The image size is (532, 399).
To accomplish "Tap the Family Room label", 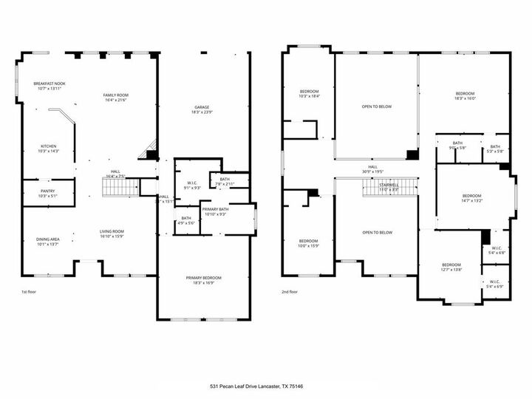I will [x=115, y=98].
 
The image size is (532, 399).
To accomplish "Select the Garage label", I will [x=202, y=109].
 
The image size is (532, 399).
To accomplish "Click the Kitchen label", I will [x=48, y=149].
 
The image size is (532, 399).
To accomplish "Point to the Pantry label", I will [x=48, y=194].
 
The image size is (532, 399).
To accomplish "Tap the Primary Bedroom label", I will [x=202, y=280].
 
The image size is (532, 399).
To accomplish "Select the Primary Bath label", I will [x=216, y=212].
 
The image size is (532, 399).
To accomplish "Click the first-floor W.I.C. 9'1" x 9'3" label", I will [x=191, y=185].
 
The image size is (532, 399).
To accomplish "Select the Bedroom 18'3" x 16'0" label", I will [x=465, y=96].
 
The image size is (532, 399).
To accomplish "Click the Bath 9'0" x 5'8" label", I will [x=457, y=146].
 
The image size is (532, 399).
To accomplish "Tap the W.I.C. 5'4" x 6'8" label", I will [x=497, y=250].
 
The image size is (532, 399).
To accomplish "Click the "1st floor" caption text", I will [x=30, y=293].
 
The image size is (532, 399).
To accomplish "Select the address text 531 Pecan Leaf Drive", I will [x=266, y=386].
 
